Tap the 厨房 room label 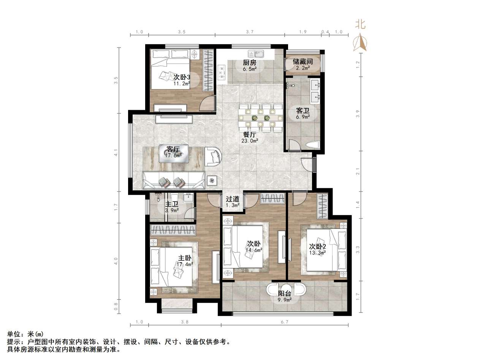pos(249,63)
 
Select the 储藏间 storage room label pos(303,61)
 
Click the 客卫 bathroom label pos(303,111)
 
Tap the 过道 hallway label pos(233,199)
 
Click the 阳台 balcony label pos(285,293)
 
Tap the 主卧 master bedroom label pos(185,257)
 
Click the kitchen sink pos(253,53)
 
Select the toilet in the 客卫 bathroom pos(313,145)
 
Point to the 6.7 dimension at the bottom pos(285,322)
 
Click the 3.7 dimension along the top pos(249,32)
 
